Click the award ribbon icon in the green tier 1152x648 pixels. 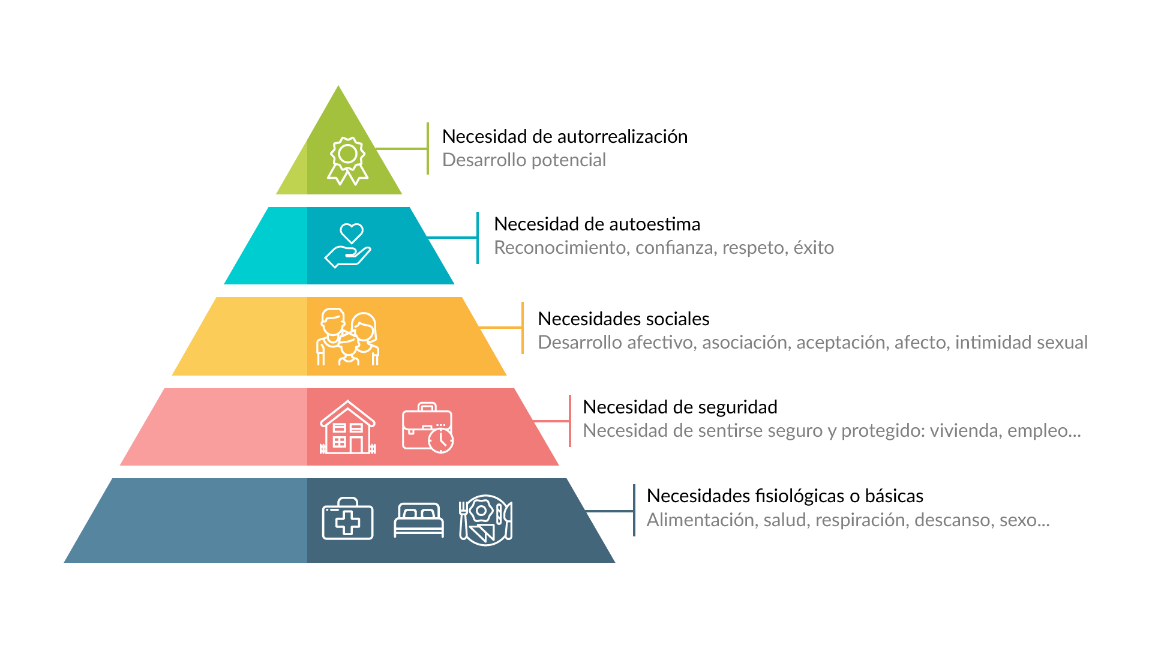pos(347,161)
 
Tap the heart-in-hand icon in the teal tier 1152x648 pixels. pos(348,245)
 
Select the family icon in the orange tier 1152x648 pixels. pos(347,337)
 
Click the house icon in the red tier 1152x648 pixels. pos(347,427)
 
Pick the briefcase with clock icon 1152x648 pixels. pos(427,427)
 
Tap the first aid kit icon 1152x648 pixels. pos(347,519)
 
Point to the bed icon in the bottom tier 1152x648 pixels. pos(419,520)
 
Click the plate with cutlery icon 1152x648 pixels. pos(485,520)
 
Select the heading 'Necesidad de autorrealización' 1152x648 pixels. pos(565,137)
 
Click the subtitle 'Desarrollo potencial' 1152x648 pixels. pos(524,160)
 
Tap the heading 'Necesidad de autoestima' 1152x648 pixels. pos(597,224)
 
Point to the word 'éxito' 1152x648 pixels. pos(814,248)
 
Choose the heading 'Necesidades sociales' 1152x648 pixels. pos(623,319)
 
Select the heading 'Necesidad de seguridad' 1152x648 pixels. pos(680,407)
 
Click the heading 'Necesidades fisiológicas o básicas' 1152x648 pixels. pos(785,496)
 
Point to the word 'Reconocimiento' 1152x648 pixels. pos(559,248)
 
